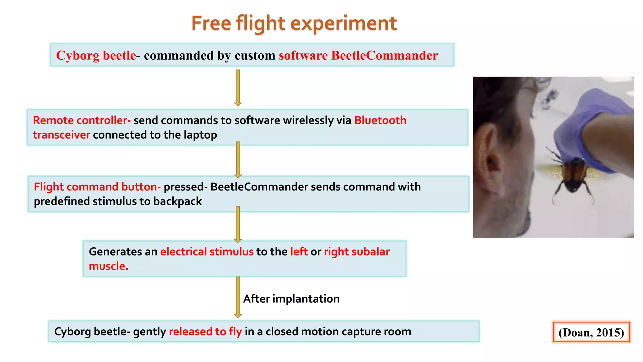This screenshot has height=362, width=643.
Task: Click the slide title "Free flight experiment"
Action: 294,23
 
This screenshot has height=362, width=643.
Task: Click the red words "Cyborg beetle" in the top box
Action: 96,56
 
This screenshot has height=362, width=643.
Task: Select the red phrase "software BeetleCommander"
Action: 358,56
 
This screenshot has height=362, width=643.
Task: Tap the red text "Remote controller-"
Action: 82,120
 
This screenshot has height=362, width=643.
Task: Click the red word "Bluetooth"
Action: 380,120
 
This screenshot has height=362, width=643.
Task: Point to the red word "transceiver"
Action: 62,135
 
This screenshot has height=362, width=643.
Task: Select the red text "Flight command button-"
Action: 97,187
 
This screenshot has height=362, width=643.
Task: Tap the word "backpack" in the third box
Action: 177,201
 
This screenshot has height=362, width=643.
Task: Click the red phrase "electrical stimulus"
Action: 207,252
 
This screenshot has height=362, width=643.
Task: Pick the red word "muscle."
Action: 109,266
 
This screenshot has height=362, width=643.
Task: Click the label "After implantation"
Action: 291,299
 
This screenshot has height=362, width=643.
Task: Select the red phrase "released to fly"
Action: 205,332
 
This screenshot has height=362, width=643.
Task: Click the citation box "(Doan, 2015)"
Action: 591,332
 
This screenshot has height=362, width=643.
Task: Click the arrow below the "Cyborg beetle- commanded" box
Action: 238,88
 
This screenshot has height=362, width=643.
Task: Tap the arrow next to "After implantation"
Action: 238,297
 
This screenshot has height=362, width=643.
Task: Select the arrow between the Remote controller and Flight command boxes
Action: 238,160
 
